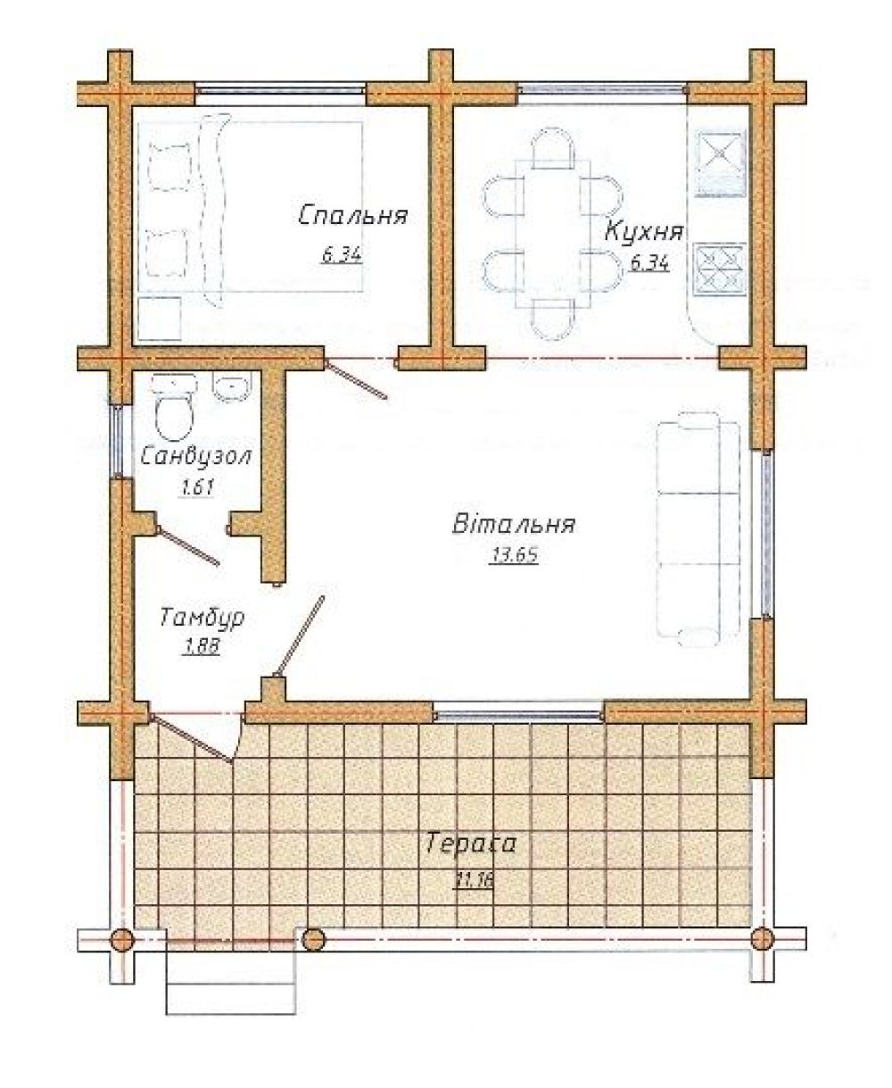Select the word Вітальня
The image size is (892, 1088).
coord(514,524)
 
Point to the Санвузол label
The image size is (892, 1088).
coord(195,457)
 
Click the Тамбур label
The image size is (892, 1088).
coord(202,618)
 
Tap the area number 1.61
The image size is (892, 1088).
coord(196,487)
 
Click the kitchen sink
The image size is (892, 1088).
coord(722,163)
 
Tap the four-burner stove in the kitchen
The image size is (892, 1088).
coord(722,270)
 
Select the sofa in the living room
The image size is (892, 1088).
coord(698,528)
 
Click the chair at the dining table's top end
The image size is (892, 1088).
coord(553,147)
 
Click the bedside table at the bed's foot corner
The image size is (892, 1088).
coord(160,319)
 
